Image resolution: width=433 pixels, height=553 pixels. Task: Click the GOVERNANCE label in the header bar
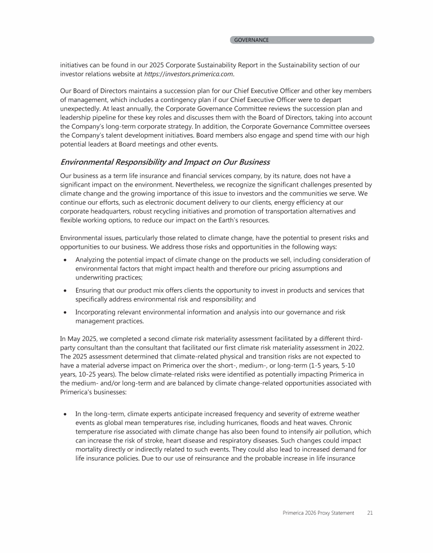pyautogui.click(x=251, y=40)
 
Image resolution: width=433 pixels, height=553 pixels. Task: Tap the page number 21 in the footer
pyautogui.click(x=370, y=512)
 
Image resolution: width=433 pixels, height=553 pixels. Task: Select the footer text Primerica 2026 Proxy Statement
pyautogui.click(x=318, y=512)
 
